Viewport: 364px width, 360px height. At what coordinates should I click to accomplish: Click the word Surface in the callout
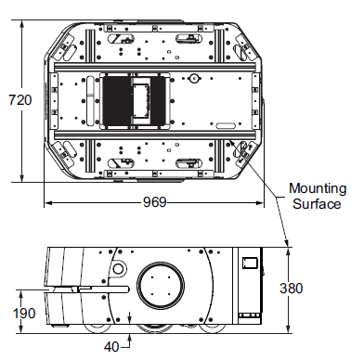pos(316,204)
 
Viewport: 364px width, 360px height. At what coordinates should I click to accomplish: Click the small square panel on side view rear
pos(248,264)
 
